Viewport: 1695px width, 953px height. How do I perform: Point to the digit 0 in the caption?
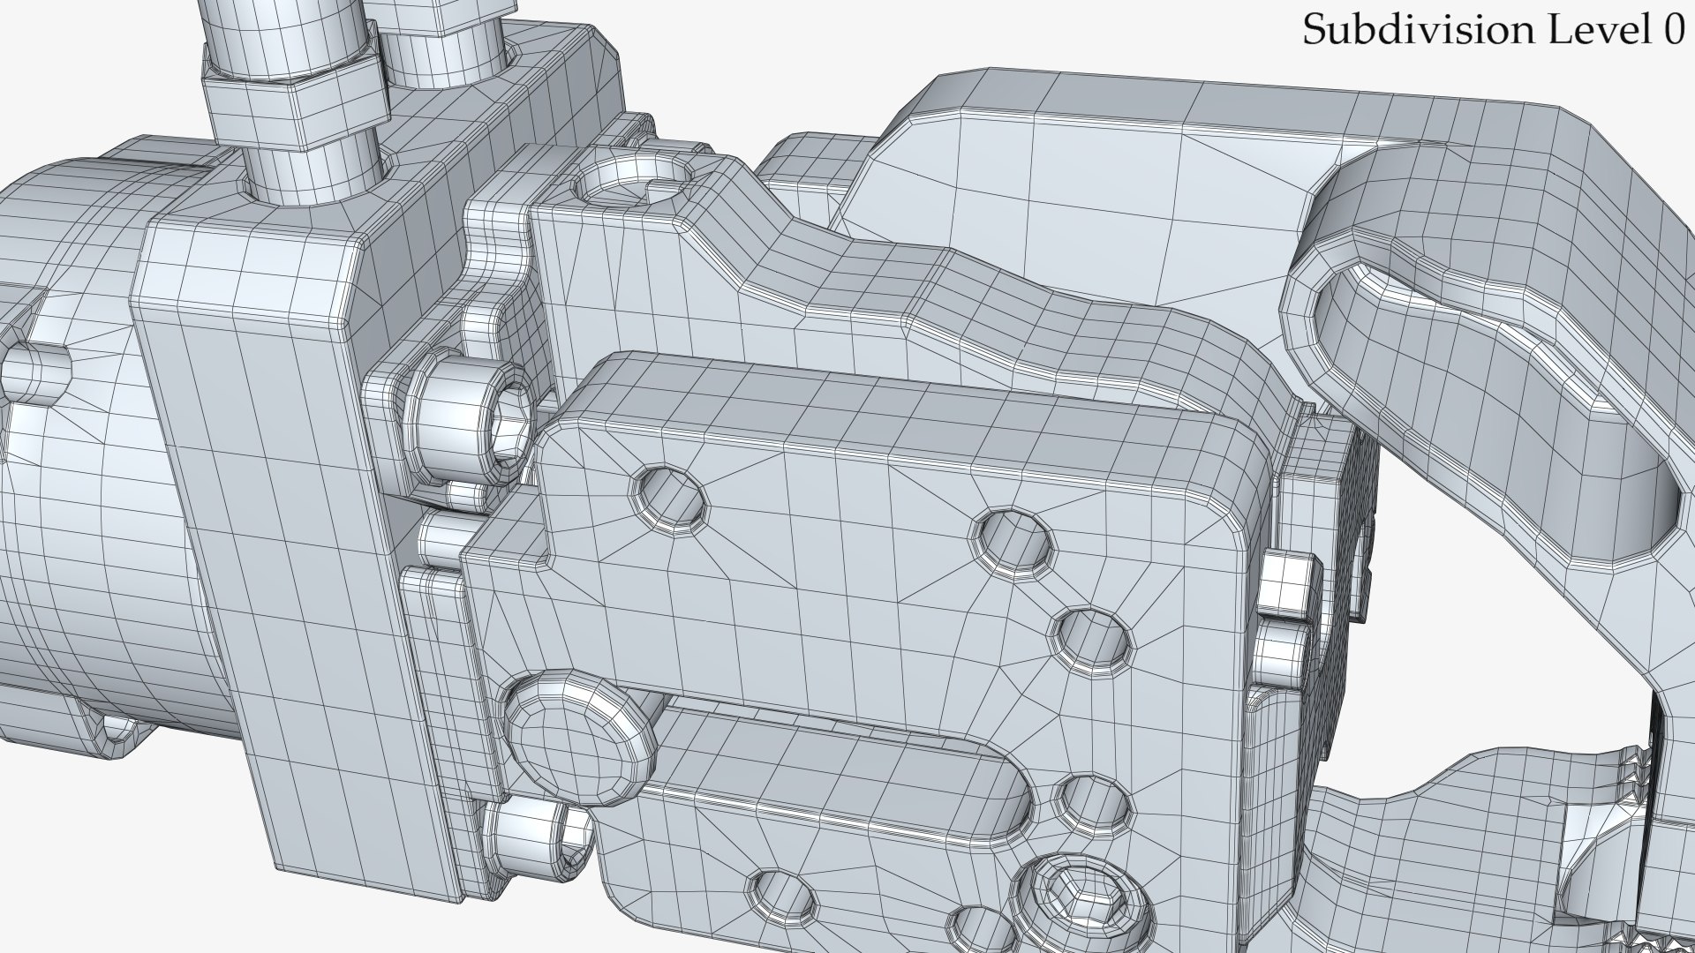pyautogui.click(x=1672, y=31)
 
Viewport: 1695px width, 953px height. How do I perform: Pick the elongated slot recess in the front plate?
pyautogui.click(x=839, y=767)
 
